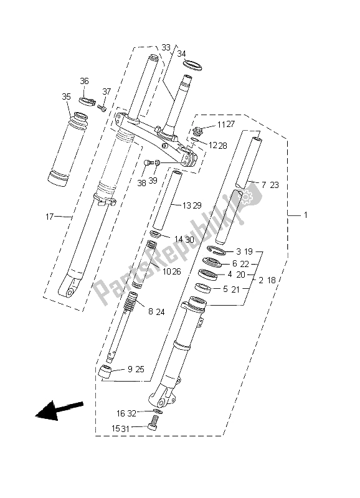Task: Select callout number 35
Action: coord(67,96)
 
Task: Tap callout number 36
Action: coord(85,81)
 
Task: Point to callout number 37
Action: coord(106,92)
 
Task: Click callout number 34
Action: coord(181,54)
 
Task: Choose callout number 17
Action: coord(50,217)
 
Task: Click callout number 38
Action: coord(141,182)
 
